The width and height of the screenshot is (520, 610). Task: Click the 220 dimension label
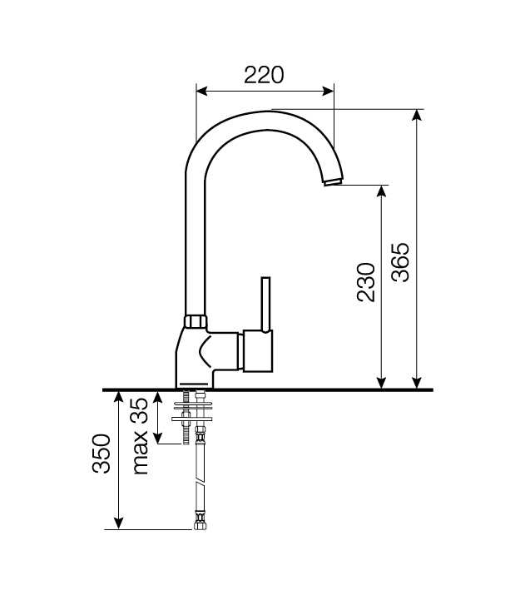(264, 75)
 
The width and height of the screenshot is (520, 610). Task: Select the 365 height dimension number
(400, 262)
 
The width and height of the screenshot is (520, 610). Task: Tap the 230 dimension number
(366, 282)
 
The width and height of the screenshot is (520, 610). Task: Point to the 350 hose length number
(102, 454)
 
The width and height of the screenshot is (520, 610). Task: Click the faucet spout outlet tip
(334, 181)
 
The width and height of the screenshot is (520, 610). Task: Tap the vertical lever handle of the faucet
(266, 305)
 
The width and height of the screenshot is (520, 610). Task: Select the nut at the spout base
(196, 322)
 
